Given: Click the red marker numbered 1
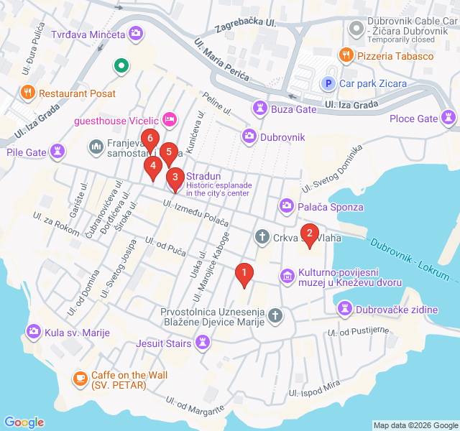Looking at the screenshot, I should pyautogui.click(x=244, y=274).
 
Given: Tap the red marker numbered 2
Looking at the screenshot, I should pyautogui.click(x=310, y=233).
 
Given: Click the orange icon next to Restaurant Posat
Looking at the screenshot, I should pyautogui.click(x=28, y=93).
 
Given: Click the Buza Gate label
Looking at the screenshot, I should pyautogui.click(x=293, y=108).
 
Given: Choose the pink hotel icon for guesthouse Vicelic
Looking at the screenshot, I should pyautogui.click(x=170, y=119).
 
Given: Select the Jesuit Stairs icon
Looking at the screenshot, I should pyautogui.click(x=203, y=343).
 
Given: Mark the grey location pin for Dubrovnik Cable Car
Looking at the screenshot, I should pyautogui.click(x=355, y=29).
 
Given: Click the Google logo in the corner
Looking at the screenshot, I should pyautogui.click(x=24, y=422).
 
